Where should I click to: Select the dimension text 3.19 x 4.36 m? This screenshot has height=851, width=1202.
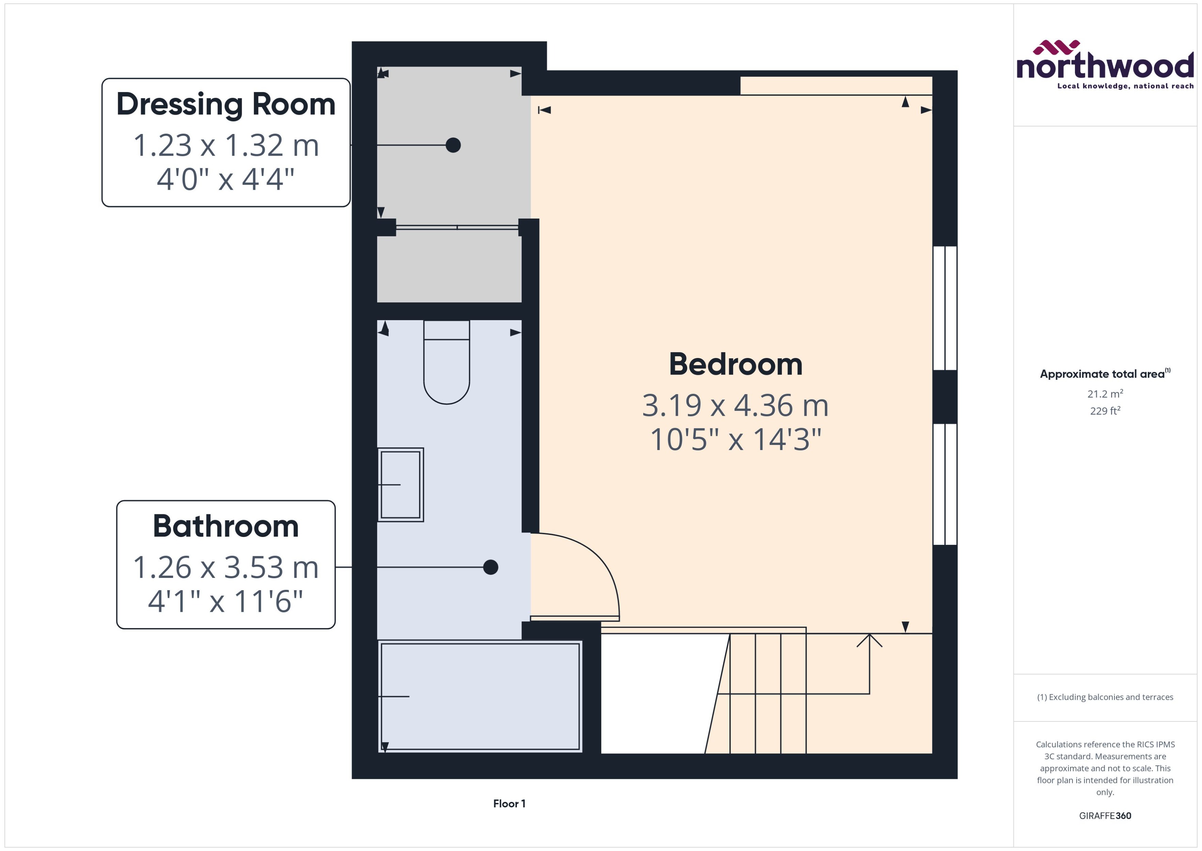(x=735, y=406)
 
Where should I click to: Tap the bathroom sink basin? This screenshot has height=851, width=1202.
(x=401, y=485)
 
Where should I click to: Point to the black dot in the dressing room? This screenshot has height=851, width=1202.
(x=453, y=145)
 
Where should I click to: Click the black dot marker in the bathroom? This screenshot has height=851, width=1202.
(x=490, y=567)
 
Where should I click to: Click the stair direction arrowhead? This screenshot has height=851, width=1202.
(x=870, y=640)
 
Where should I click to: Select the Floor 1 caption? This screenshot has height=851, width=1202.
(x=509, y=803)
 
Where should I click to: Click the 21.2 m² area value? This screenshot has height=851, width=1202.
(x=1104, y=393)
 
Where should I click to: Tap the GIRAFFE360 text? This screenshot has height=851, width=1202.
(x=1104, y=815)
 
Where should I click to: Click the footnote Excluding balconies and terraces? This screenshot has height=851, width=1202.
(x=1104, y=697)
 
